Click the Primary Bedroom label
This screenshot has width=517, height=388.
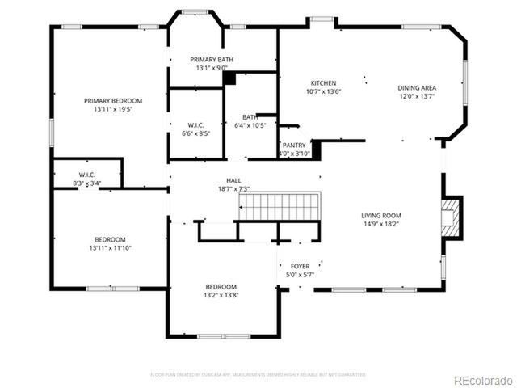coord(113,101)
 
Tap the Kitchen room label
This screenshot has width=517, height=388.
coord(323,83)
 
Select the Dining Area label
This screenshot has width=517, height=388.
coord(416,87)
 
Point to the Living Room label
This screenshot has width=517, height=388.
coord(381,215)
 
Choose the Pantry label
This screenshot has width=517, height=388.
coord(294,145)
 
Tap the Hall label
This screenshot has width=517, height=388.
coord(233,180)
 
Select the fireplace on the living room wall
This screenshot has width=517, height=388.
coord(452,217)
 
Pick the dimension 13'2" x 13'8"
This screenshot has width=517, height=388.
coord(221,295)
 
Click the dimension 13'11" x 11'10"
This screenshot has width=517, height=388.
coord(110,248)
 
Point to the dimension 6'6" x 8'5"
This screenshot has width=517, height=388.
coord(195,133)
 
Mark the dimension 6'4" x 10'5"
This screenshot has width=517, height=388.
coord(250,125)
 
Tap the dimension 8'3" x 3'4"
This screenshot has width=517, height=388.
coord(87,183)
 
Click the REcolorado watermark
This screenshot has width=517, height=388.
coord(481,380)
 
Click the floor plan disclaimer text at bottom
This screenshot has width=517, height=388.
coord(258,374)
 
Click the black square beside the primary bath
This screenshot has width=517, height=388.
coord(229,78)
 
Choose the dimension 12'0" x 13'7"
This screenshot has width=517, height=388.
coord(416,96)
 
